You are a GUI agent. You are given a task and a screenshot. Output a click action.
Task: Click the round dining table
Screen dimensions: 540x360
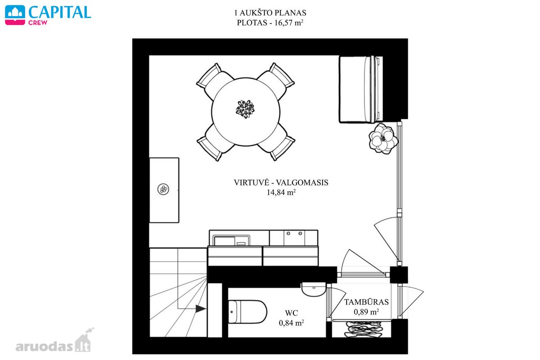(x=246, y=112)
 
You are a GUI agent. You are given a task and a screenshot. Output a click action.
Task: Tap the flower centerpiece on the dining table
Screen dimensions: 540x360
(x=245, y=109)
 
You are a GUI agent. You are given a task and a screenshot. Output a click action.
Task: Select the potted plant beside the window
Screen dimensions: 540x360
(x=383, y=139)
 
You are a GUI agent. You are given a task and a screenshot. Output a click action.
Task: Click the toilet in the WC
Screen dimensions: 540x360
(x=247, y=311)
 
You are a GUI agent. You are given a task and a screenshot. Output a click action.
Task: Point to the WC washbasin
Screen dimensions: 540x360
(x=314, y=289)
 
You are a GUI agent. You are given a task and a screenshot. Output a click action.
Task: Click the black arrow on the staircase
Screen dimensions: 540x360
(x=201, y=308)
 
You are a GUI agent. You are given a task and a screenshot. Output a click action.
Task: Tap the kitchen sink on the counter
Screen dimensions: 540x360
(x=231, y=240)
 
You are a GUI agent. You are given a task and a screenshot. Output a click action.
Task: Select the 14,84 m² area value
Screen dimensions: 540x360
(x=281, y=192)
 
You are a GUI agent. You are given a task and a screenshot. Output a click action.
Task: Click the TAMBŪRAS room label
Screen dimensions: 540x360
(x=366, y=302)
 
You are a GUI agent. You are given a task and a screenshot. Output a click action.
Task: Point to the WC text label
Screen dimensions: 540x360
(x=292, y=313)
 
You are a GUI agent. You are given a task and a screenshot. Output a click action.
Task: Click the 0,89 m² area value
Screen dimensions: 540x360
(x=366, y=312)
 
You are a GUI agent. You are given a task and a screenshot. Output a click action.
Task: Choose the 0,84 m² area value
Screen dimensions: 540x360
(x=291, y=323)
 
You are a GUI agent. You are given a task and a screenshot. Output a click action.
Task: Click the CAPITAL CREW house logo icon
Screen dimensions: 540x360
(x=15, y=15)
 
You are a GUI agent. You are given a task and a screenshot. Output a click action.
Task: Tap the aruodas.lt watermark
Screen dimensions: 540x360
(x=55, y=341)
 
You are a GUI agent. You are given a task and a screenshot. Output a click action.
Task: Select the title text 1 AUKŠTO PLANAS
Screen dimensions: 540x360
(x=270, y=13)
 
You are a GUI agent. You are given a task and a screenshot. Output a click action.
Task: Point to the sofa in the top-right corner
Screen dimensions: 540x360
(x=361, y=89)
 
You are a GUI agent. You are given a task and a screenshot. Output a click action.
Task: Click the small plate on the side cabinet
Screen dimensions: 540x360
(x=163, y=189)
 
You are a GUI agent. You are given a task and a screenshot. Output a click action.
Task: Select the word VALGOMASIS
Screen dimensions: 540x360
(x=302, y=183)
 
